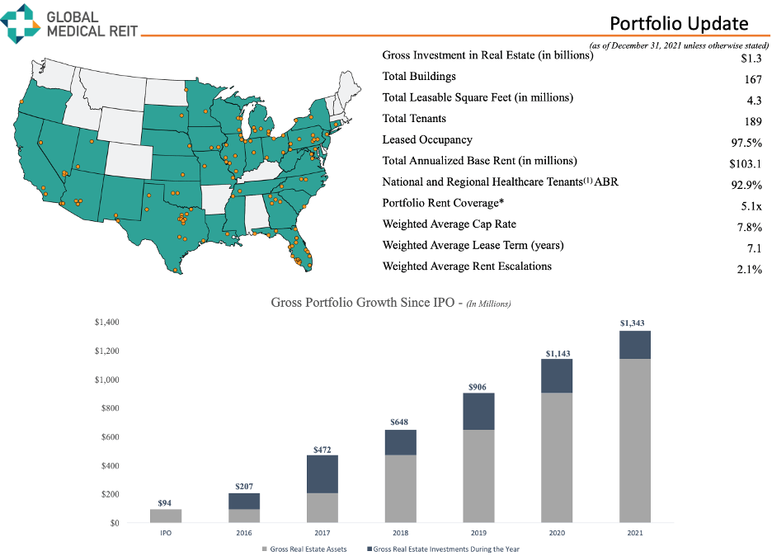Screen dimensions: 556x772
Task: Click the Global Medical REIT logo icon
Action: pos(21,22)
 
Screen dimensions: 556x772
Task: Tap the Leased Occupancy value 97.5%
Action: pos(746,142)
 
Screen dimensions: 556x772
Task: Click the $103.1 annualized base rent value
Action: pos(745,163)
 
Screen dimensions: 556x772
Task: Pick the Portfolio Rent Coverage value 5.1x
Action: pos(751,205)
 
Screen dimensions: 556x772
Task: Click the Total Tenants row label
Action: pos(414,119)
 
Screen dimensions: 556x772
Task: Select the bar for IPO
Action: pos(166,516)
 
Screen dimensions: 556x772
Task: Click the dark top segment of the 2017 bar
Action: pos(322,474)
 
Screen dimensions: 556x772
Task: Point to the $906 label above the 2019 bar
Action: pos(478,386)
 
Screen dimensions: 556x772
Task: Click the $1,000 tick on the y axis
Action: pos(108,379)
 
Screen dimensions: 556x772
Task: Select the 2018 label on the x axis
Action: pos(400,534)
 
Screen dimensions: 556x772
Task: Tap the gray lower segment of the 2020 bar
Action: pos(557,458)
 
